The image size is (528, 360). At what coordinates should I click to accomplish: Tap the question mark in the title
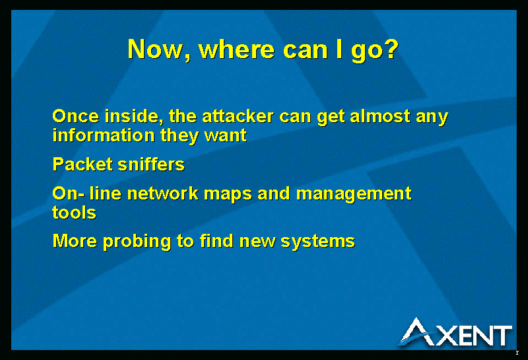(392, 49)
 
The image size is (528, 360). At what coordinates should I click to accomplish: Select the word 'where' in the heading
(237, 50)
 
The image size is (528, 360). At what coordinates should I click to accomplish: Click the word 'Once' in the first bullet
(76, 116)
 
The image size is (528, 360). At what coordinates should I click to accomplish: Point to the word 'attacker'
(238, 116)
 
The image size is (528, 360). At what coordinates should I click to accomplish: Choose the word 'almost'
(380, 116)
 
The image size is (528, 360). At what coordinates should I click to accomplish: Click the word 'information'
(104, 135)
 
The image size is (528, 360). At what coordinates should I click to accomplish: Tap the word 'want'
(226, 136)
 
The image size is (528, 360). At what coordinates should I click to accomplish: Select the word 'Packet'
(82, 164)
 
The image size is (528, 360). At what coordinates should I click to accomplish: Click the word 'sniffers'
(151, 164)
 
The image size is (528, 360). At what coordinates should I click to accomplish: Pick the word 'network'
(162, 194)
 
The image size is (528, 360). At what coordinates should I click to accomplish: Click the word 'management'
(354, 194)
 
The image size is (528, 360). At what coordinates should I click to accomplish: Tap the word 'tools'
(75, 213)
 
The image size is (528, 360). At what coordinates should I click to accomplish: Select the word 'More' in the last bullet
(75, 241)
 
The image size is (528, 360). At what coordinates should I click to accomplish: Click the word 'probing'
(137, 242)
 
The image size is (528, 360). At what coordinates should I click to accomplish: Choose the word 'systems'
(318, 242)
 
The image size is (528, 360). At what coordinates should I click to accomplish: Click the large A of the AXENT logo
(417, 332)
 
